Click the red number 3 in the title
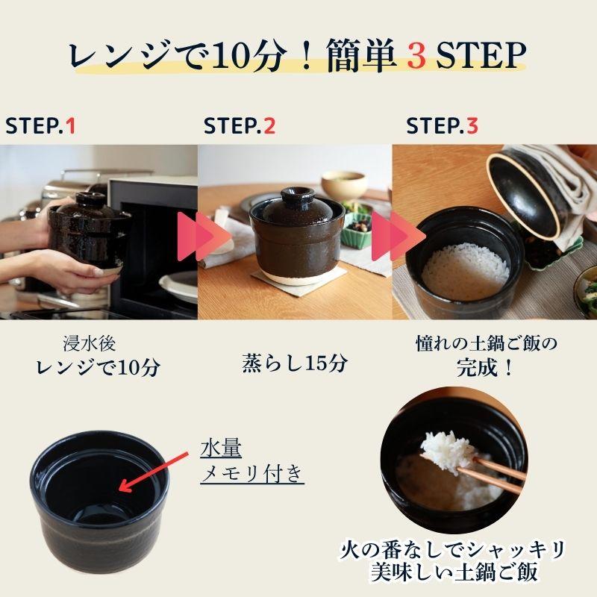pos(416,56)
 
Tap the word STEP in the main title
pos(481,56)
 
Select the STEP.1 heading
pos(40,126)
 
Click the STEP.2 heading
pos(239,126)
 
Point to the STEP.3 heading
pos(442,126)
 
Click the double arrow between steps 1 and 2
pos(204,236)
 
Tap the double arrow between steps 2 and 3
pos(398,236)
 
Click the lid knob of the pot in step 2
pos(297,196)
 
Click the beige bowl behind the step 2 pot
pos(344,185)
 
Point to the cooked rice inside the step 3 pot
pos(465,271)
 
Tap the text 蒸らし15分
pos(295,363)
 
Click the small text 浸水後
pos(90,344)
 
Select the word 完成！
pos(485,367)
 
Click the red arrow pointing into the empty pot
pos(154,472)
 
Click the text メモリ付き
pos(252,474)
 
